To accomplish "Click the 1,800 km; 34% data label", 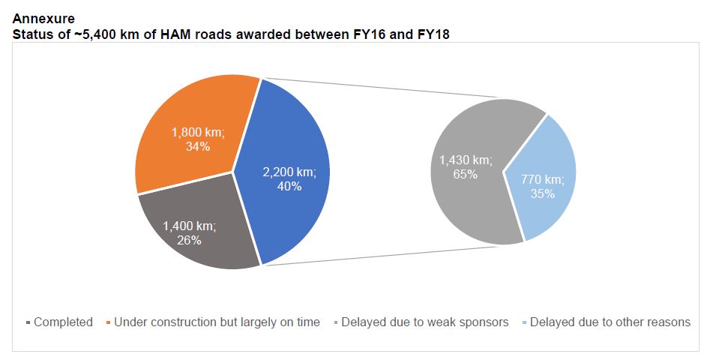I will [x=197, y=139].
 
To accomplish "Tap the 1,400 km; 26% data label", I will [x=190, y=232].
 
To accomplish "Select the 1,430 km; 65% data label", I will [x=466, y=166].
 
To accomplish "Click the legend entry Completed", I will [x=63, y=322].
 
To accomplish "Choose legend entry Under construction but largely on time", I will [x=217, y=322].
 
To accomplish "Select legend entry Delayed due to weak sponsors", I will [x=424, y=322].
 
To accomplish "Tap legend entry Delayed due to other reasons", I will [x=610, y=322].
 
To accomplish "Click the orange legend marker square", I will [x=109, y=323].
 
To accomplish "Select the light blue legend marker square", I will [x=524, y=323].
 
